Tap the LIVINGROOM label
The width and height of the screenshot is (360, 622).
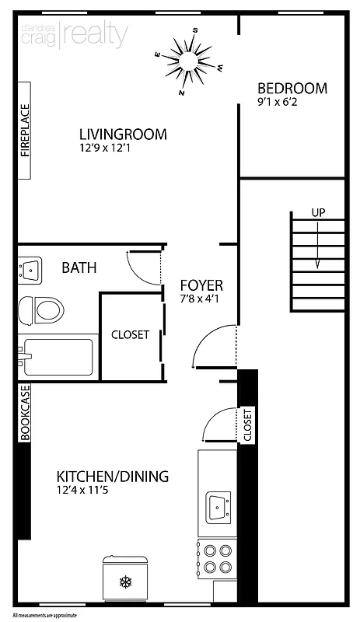point(123,135)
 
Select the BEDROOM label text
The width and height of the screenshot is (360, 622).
point(292,88)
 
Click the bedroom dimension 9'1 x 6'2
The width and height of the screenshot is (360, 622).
point(281,102)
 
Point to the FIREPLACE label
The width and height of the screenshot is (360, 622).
point(25,131)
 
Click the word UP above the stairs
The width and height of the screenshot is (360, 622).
point(317,212)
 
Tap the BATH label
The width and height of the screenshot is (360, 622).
point(79,268)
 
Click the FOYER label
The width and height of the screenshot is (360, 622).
point(201,285)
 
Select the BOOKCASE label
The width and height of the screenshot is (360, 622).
point(25,413)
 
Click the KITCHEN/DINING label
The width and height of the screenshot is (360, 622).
point(113,477)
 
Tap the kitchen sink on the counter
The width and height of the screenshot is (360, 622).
point(216,508)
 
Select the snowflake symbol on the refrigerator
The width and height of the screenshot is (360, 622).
point(124,581)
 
